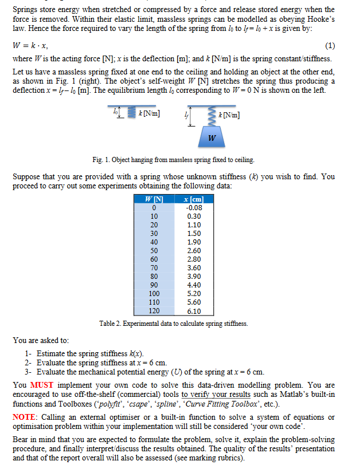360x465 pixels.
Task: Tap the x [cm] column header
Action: tap(194, 199)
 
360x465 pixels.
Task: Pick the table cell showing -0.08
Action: tap(194, 207)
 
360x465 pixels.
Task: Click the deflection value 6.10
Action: tap(194, 311)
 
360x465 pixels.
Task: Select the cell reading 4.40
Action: tap(194, 285)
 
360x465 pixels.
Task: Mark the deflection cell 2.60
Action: tap(194, 250)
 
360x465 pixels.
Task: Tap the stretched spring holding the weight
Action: tap(212, 119)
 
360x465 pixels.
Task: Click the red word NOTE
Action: tap(24, 417)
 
